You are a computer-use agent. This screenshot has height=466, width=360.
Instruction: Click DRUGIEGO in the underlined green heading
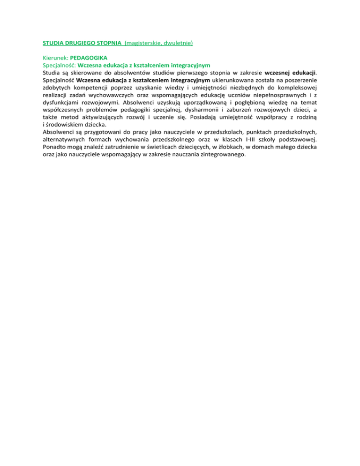(x=82, y=43)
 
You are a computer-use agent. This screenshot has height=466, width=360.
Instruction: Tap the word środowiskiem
(x=65, y=125)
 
